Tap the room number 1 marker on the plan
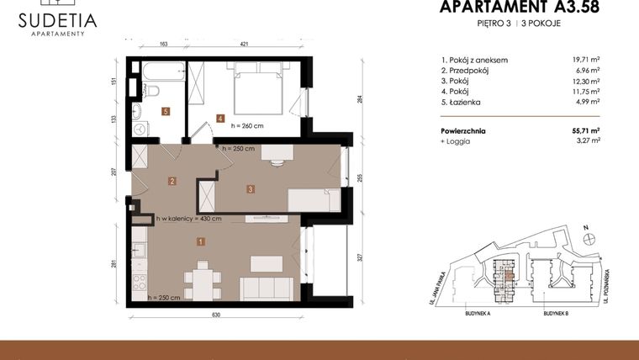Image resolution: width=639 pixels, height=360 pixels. coord(200,242)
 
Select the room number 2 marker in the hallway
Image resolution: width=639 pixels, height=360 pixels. coord(171,180)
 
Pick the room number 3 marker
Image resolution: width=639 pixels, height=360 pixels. coord(251,189)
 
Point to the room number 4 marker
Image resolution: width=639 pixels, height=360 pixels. coord(219,119)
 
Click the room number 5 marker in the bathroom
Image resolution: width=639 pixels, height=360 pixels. coord(166,111)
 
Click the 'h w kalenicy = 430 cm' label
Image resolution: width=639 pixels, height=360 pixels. coord(188,219)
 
